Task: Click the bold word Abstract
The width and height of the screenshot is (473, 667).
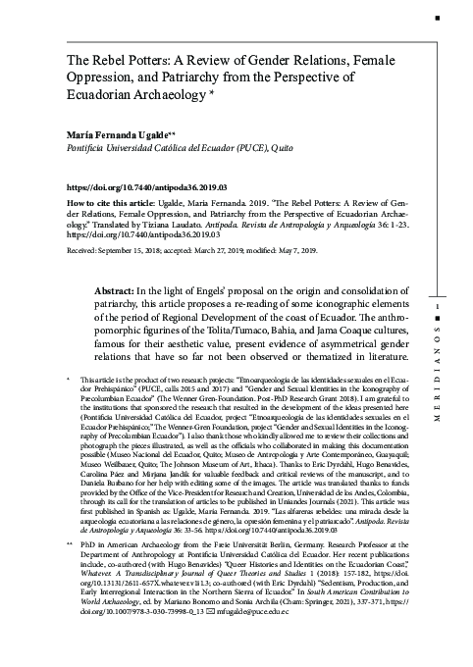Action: pos(115,292)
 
